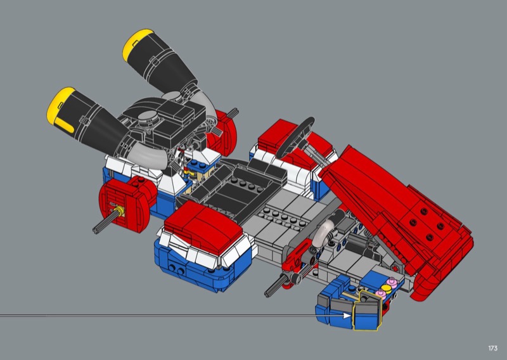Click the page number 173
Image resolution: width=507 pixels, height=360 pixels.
pos(493,348)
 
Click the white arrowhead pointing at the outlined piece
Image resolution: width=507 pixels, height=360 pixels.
pos(347,316)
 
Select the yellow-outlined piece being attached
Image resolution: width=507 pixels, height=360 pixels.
pos(367,310)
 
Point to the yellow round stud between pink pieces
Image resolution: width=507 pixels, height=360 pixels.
pos(385,288)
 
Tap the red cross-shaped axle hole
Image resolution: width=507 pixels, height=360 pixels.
pos(395,269)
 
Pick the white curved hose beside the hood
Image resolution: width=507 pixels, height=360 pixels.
pos(324,230)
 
